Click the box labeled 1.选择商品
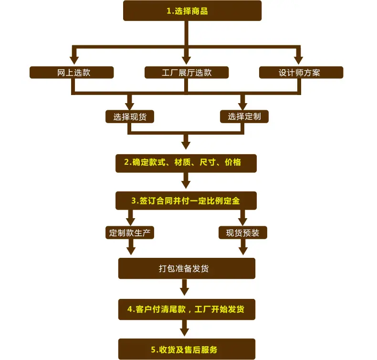tap(192, 11)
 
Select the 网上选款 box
tap(72, 73)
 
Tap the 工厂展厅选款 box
tap(187, 73)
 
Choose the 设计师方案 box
tap(301, 73)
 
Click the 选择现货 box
tap(130, 116)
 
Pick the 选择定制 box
tap(244, 116)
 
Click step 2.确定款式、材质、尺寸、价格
tap(186, 163)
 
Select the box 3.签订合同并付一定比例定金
tap(186, 201)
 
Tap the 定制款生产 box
tap(130, 233)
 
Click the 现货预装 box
tap(243, 233)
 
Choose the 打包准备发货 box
tap(187, 268)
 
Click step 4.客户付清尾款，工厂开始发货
tap(187, 309)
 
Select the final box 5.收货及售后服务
tap(187, 349)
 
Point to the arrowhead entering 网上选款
tap(74, 60)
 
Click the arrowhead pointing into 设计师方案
tap(298, 60)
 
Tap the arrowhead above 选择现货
tap(130, 106)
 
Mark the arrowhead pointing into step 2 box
tap(186, 146)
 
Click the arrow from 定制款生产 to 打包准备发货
tap(131, 247)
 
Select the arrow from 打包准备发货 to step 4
tap(184, 287)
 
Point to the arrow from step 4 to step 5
tap(184, 328)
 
